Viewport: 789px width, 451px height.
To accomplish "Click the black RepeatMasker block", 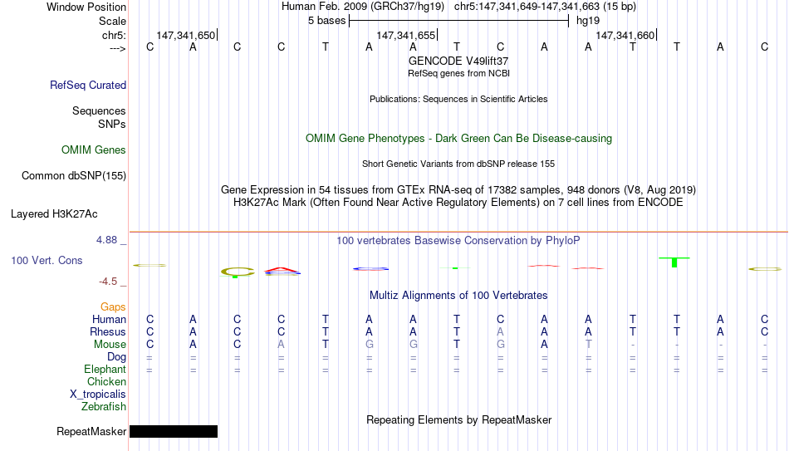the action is tap(174, 431).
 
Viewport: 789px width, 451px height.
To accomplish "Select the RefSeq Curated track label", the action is tap(88, 85).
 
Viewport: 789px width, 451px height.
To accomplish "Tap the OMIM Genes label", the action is tap(94, 150).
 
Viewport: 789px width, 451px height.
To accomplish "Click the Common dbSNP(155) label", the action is tap(74, 176).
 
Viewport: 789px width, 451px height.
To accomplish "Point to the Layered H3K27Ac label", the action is tap(54, 214).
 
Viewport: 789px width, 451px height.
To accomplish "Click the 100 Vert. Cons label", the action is tap(47, 260).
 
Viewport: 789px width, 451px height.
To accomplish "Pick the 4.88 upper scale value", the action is tap(106, 240).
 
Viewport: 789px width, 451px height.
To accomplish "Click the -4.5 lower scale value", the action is tap(108, 282).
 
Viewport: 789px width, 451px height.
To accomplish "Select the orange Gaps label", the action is tap(113, 307).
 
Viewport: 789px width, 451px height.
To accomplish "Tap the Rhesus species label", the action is tap(108, 331).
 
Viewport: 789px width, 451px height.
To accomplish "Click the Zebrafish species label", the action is tap(104, 406).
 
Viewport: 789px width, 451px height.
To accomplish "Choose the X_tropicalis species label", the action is tap(98, 395).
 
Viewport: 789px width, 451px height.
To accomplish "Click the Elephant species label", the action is tap(105, 369).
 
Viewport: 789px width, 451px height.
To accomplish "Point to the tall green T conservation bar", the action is tap(674, 262).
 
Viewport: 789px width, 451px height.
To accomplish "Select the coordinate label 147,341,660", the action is tap(625, 35).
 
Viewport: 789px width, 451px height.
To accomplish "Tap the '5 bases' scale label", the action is tap(327, 21).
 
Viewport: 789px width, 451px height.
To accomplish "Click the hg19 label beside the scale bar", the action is tap(588, 21).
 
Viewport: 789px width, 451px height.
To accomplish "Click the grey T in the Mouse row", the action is tap(588, 345).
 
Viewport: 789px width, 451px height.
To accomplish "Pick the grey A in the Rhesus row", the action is tap(500, 331).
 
